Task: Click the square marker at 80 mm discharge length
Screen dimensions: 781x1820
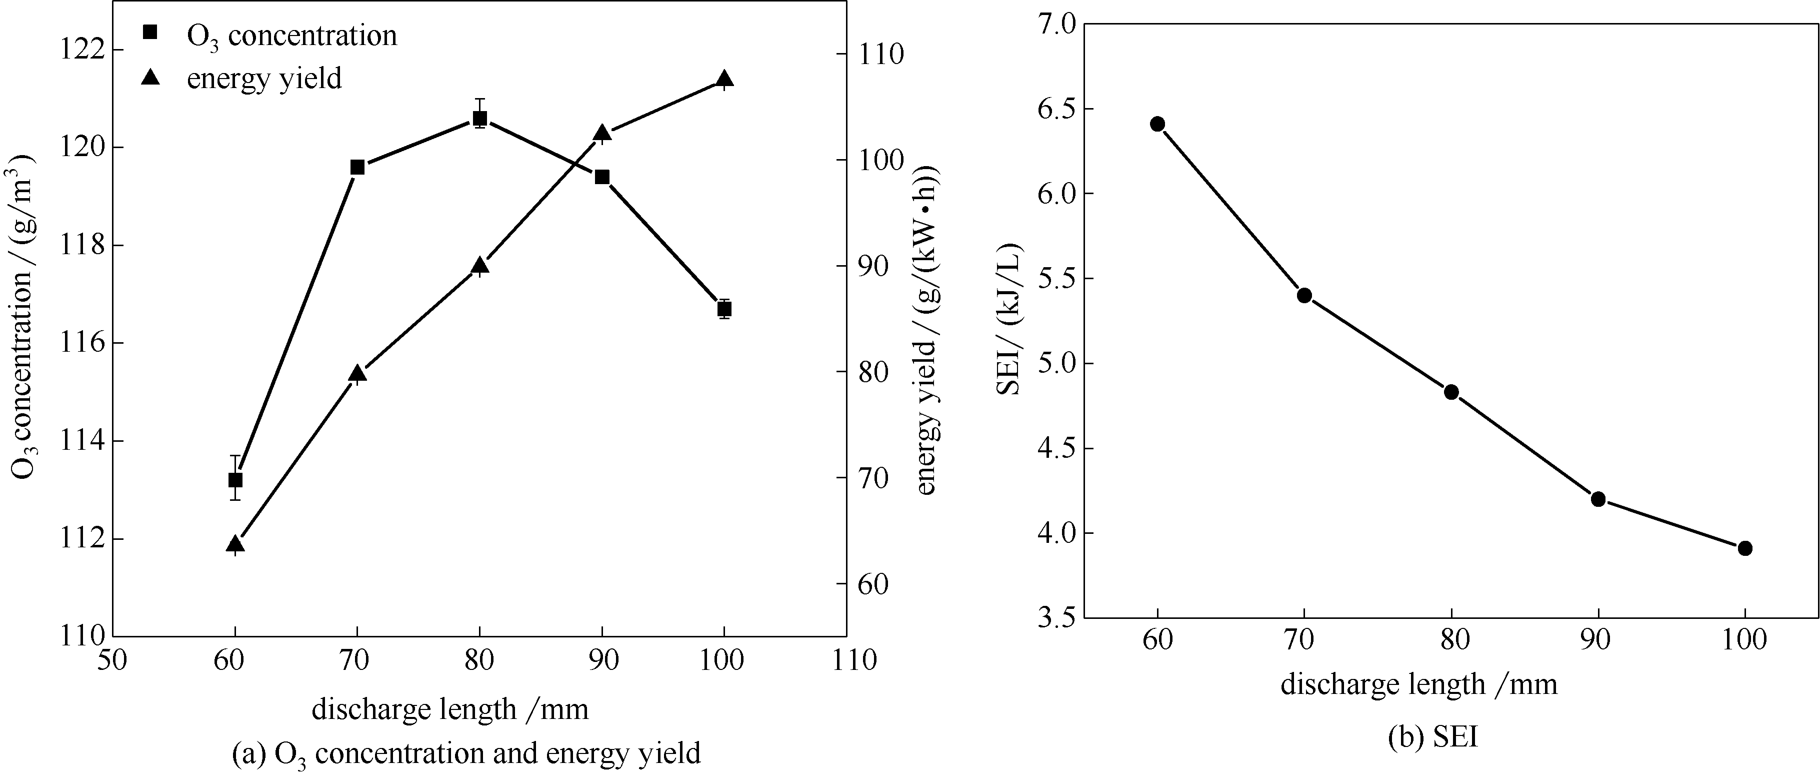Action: coord(479,118)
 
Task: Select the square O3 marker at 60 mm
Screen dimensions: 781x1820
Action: coord(235,480)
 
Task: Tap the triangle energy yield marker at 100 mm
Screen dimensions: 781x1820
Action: coord(724,79)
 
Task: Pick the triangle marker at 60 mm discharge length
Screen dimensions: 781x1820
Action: coord(235,543)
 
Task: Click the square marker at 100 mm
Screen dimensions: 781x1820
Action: coord(724,309)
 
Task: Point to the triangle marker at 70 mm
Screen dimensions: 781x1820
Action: coord(357,373)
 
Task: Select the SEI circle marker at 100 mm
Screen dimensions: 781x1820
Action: coord(1745,548)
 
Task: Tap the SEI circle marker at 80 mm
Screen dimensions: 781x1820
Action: coord(1451,392)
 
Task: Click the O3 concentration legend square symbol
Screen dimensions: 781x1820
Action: coord(149,33)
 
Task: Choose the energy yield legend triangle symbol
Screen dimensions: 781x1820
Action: coord(150,77)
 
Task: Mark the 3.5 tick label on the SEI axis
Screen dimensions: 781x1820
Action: coord(1053,618)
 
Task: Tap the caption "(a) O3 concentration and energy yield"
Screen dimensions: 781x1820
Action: coord(466,753)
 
